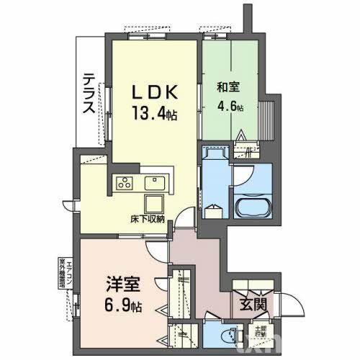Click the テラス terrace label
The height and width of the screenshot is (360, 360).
[x=88, y=94]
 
